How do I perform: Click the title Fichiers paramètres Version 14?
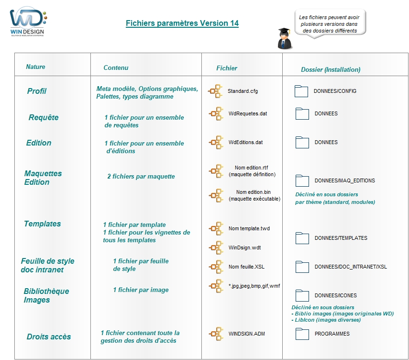coord(182,23)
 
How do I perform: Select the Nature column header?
coord(35,67)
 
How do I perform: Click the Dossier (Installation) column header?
coord(331,69)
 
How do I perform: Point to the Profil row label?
coord(37,91)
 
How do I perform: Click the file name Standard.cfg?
coord(243,91)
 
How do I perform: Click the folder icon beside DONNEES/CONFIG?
coord(301,91)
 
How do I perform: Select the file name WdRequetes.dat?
coord(247,113)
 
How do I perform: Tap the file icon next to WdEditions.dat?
coord(216,142)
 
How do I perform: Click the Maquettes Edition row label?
coord(43,178)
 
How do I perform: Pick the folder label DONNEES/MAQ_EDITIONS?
coord(344,180)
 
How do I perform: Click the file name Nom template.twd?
coord(249,228)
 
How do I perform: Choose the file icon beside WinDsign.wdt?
coord(216,247)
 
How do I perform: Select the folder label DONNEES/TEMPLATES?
coord(341,238)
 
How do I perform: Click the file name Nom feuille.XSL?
coord(246,267)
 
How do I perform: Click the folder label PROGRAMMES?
coord(332,334)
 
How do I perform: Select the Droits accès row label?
coord(49,337)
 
